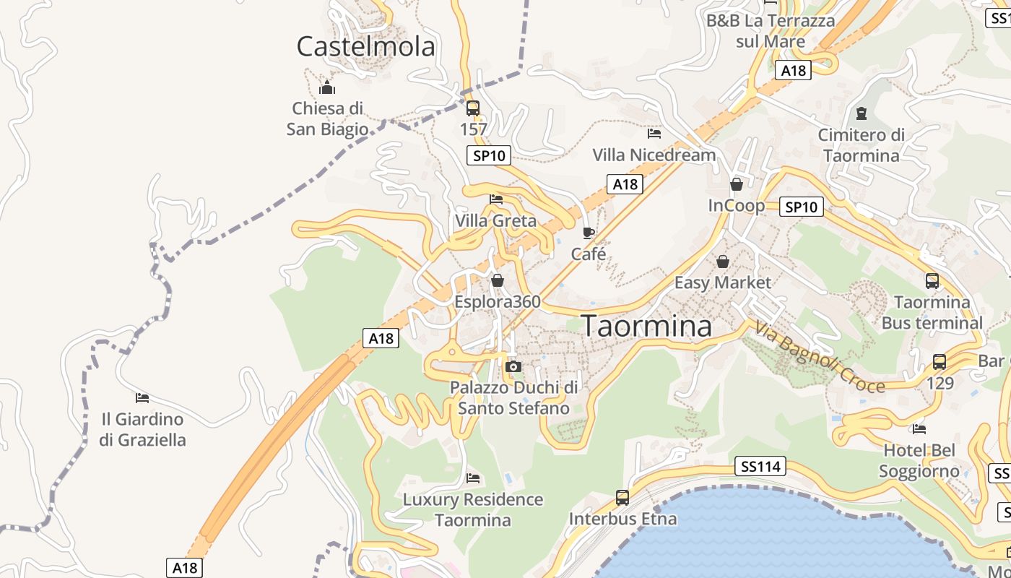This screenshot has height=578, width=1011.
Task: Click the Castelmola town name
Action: (x=366, y=46)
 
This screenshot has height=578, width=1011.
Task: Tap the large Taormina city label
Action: (x=647, y=326)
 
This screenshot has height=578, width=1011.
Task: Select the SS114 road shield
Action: (x=762, y=467)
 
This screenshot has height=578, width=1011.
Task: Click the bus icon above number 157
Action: (x=473, y=108)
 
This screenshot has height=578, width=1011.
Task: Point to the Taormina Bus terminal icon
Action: (x=932, y=281)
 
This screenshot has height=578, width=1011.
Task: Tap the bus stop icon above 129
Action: (x=940, y=362)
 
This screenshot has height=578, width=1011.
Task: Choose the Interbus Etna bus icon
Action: (x=622, y=498)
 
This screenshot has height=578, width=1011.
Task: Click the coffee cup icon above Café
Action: (x=589, y=233)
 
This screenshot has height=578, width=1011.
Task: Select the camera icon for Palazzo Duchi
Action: (x=513, y=366)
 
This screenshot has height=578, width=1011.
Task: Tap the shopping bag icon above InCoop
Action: (x=737, y=184)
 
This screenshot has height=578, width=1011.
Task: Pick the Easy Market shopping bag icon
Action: (x=722, y=262)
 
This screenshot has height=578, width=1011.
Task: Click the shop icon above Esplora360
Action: (x=497, y=280)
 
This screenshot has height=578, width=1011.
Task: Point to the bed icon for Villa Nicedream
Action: (x=654, y=133)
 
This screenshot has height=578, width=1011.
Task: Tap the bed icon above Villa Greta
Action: (x=495, y=199)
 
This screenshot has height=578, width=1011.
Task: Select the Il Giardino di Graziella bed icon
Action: (x=142, y=397)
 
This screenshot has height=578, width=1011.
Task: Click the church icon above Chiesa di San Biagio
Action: (x=327, y=88)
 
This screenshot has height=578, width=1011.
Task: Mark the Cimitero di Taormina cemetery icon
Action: (x=861, y=113)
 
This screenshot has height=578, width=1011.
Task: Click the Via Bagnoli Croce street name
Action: (x=820, y=358)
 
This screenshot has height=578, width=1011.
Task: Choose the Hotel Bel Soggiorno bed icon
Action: (x=919, y=428)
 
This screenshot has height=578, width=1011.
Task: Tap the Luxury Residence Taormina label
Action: (x=473, y=509)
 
